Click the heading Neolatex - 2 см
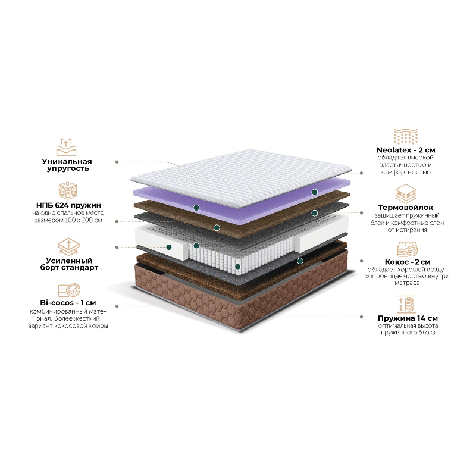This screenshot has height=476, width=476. tap(406, 150)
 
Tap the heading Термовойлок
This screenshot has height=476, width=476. tap(406, 208)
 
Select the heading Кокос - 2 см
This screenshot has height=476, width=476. tap(408, 262)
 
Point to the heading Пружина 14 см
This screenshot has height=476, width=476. tap(408, 318)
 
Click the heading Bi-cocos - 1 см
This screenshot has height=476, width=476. tap(68, 303)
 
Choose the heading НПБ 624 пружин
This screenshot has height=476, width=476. tap(68, 205)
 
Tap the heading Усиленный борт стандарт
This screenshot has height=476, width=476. tap(69, 264)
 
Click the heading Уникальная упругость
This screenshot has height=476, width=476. tap(67, 165)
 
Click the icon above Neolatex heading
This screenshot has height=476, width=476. tap(406, 136)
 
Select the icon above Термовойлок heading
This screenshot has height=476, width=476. tap(406, 193)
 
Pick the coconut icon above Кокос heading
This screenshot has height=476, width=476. tap(408, 249)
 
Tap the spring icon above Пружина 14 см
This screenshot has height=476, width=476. tap(407, 304)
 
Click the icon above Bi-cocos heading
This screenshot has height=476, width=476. tap(69, 290)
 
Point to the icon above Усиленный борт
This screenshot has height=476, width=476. tap(68, 246)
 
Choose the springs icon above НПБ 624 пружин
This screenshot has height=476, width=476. tap(68, 190)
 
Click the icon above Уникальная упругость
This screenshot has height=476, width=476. tap(66, 147)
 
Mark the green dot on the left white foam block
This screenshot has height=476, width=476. tap(169, 247)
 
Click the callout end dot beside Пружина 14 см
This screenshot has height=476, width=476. tap(361, 317)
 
